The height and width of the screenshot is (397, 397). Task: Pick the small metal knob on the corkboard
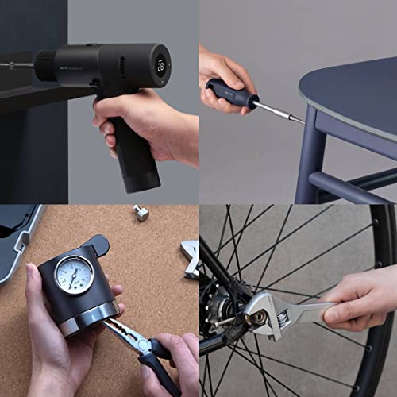(141, 213)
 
